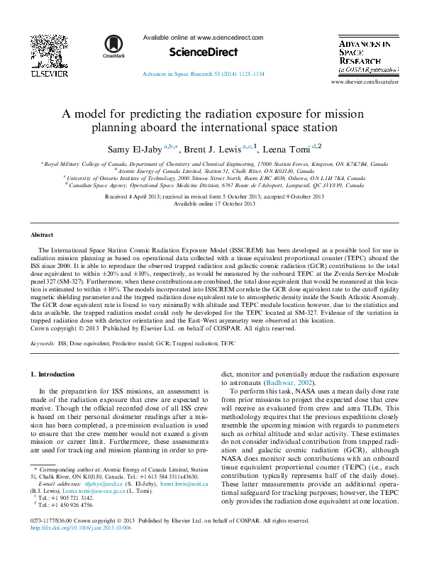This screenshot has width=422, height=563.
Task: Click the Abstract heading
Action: point(42,234)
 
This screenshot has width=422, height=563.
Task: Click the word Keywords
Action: point(43,342)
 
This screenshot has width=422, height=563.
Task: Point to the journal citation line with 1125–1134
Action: point(204,74)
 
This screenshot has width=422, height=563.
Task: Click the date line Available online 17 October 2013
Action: point(214,204)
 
